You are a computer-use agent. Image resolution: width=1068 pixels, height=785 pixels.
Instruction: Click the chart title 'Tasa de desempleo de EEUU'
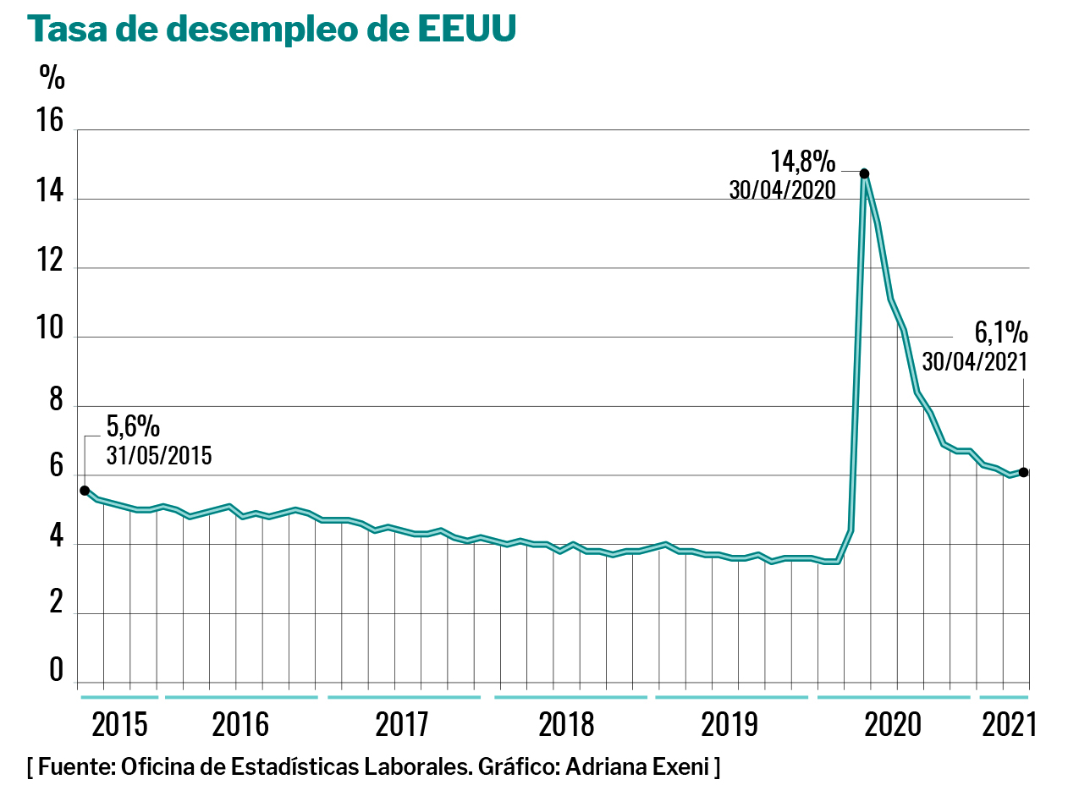pos(272,30)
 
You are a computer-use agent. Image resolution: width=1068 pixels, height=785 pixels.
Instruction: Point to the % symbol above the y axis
pos(52,78)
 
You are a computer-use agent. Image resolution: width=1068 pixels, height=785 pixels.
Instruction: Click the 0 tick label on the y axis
pos(56,670)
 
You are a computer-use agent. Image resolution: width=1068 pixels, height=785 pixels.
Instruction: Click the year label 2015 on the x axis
pos(119,725)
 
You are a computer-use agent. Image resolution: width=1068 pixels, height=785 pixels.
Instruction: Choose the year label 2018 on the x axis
pos(566,725)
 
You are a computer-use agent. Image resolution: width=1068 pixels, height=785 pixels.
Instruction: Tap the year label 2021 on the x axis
pos(1009,725)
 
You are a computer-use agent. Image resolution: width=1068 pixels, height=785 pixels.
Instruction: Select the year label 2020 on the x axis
pos(892,725)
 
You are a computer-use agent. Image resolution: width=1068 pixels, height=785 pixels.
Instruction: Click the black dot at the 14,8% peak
pos(864,173)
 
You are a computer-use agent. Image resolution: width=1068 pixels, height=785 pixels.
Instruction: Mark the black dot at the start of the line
pos(85,491)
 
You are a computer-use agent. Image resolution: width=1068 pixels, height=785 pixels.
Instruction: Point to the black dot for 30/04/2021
pos(1023,472)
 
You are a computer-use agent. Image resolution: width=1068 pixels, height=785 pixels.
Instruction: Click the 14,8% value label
pos(802,161)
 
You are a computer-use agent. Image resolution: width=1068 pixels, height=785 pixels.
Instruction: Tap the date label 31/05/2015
pos(159,456)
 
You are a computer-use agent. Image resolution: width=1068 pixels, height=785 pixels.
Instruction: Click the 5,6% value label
pos(134,425)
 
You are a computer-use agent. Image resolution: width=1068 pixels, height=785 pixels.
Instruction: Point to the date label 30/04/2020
pos(782,189)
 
